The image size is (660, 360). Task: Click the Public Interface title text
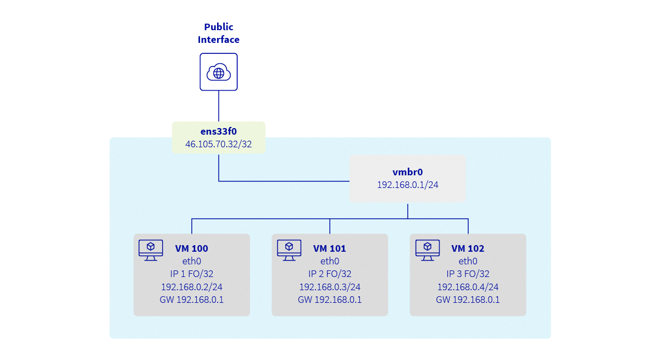tap(219, 33)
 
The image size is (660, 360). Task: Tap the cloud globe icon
tap(219, 72)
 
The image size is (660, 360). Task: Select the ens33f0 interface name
tap(219, 132)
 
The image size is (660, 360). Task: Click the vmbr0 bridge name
tap(407, 172)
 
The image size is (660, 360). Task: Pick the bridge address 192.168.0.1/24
tap(407, 185)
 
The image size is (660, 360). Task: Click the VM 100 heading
tap(192, 248)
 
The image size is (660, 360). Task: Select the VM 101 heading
tap(330, 248)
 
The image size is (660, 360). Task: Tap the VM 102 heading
tap(468, 248)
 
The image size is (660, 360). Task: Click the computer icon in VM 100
tap(151, 250)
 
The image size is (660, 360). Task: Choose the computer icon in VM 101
tap(289, 250)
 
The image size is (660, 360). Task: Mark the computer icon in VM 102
tap(427, 250)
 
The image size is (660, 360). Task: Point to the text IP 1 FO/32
tap(192, 274)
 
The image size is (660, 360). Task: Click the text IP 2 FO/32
tap(330, 274)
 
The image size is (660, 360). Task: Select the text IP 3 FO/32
tap(468, 274)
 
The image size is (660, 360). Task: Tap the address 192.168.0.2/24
tap(192, 287)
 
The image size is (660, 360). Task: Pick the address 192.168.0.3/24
tap(330, 287)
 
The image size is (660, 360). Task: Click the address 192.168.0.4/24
tap(468, 287)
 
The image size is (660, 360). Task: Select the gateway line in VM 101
tap(330, 300)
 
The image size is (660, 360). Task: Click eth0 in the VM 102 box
tap(468, 261)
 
